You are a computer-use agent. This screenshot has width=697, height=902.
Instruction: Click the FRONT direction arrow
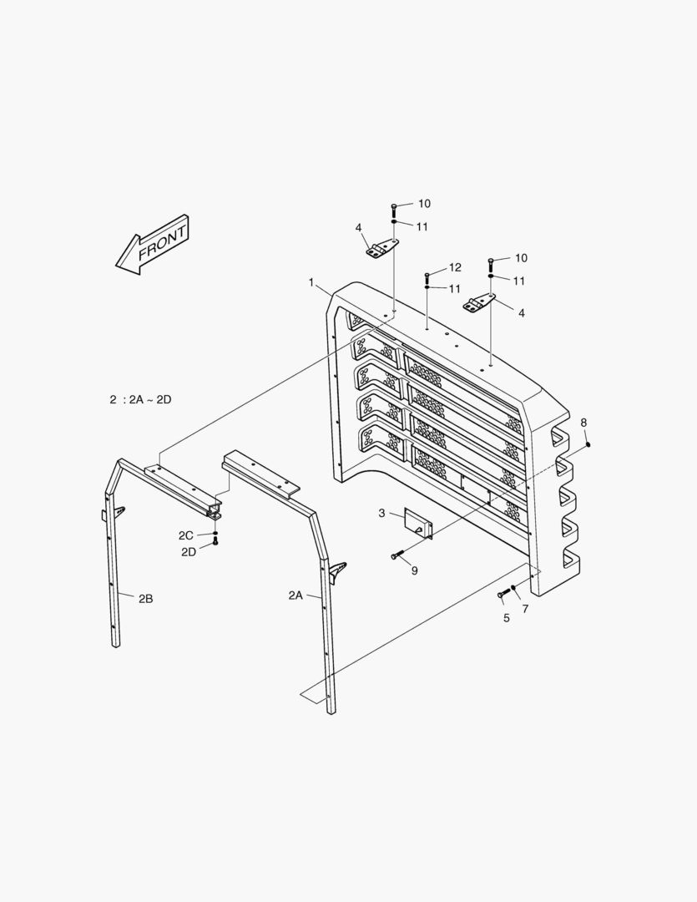153,246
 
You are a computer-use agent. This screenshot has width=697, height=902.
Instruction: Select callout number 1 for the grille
311,283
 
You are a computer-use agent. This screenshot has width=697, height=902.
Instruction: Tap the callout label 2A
295,595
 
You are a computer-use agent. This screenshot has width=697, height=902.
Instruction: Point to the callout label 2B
145,598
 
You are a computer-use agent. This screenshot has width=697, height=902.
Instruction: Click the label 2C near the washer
185,535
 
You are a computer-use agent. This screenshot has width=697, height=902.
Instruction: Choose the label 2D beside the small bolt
189,552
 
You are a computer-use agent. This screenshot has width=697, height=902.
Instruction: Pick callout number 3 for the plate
381,513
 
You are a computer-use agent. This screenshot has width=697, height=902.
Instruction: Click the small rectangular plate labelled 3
417,523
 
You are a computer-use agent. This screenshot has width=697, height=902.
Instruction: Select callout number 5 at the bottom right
506,619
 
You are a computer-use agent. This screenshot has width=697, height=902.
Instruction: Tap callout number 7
525,609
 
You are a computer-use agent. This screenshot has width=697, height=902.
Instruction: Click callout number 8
583,422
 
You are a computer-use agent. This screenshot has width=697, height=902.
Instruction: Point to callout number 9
414,570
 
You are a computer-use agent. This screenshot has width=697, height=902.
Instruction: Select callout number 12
455,267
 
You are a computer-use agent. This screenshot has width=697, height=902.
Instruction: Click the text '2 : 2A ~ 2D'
140,399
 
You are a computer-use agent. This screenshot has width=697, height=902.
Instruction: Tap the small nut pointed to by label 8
588,444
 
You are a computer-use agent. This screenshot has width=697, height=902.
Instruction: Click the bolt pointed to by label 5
503,594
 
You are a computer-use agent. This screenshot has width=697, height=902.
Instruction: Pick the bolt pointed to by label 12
427,276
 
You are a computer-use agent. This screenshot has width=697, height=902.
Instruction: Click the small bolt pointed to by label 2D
215,542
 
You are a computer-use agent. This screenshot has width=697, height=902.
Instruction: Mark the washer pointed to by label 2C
215,533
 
